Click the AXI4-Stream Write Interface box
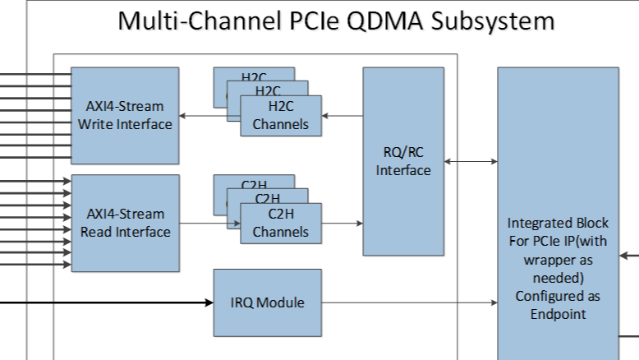(x=125, y=115)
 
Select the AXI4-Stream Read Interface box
(x=125, y=223)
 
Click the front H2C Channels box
(x=281, y=116)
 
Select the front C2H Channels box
(x=281, y=223)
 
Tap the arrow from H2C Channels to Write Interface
(x=209, y=116)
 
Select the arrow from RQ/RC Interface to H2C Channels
(x=342, y=116)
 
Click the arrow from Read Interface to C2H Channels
(x=209, y=223)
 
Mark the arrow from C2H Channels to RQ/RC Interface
(x=342, y=223)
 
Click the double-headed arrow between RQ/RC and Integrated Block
(x=470, y=162)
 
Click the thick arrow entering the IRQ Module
(x=107, y=302)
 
